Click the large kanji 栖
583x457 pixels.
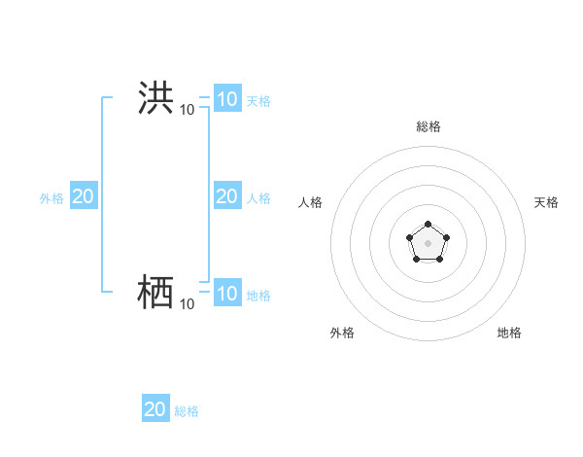(x=155, y=292)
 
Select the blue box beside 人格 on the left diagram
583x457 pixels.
(x=227, y=196)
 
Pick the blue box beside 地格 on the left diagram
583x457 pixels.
(x=227, y=293)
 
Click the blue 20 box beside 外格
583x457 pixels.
(x=83, y=196)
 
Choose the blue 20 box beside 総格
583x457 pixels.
(x=155, y=408)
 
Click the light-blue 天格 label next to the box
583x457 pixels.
(x=258, y=100)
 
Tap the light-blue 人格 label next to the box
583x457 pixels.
(x=258, y=198)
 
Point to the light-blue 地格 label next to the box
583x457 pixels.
(x=258, y=295)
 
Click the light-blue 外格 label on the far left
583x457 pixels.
(x=51, y=198)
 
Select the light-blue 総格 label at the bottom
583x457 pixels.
(x=187, y=411)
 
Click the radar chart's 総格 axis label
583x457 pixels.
(x=428, y=126)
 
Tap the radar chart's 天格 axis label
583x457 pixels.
(x=546, y=202)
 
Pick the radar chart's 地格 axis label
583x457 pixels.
(x=509, y=333)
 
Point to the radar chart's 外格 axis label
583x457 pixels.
(x=342, y=333)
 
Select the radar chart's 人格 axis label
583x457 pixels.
(x=310, y=202)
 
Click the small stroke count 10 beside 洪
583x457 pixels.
(x=187, y=110)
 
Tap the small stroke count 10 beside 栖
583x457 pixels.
(x=187, y=304)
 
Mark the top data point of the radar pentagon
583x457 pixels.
(x=428, y=225)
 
